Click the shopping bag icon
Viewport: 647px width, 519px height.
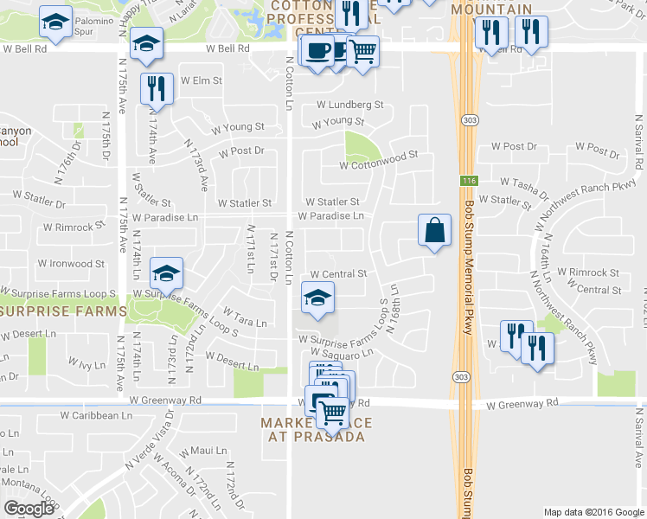tap(434, 231)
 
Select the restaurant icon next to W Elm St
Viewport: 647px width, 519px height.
tap(157, 88)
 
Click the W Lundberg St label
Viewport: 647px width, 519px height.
tap(349, 105)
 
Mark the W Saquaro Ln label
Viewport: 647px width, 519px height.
tap(336, 352)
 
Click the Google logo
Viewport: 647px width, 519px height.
tap(29, 509)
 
